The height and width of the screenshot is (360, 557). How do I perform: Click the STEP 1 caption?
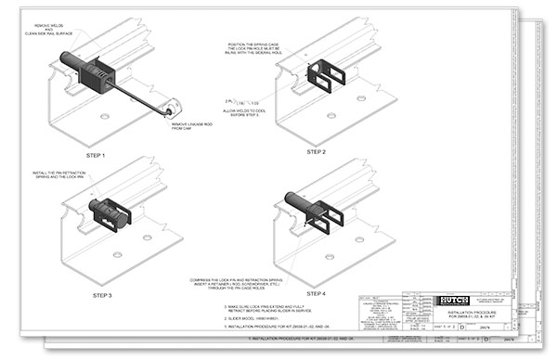96,155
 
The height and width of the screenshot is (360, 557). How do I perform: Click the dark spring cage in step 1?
96,73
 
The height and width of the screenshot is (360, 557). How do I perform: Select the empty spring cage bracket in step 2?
328,73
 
